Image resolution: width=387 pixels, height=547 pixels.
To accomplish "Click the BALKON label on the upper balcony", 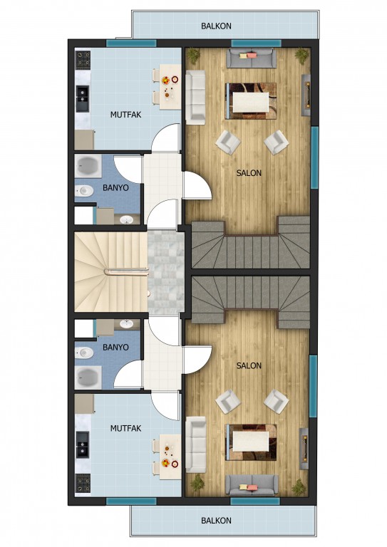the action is [x=216, y=26].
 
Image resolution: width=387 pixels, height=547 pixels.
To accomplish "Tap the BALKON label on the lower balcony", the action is [x=216, y=521].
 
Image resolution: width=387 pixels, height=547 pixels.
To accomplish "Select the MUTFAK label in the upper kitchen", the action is [x=125, y=115].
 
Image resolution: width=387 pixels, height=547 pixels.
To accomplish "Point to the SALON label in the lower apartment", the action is [x=249, y=365].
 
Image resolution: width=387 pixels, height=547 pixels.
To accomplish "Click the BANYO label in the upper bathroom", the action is [x=115, y=188].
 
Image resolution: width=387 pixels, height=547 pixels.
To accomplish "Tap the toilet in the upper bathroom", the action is [x=84, y=190].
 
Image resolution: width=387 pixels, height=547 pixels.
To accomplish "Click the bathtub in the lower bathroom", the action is [x=88, y=377].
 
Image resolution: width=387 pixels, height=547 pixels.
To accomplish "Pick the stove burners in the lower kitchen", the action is [x=83, y=483].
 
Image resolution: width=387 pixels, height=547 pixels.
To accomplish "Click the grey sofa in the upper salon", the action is [x=251, y=58].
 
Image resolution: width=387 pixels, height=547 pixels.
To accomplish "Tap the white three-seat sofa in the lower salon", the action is [x=196, y=444].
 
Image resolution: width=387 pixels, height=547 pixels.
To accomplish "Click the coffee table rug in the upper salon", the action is [x=251, y=101].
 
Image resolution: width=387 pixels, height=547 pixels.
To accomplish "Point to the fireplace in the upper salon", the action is [x=306, y=95].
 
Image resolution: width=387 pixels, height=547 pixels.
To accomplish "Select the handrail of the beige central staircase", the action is [x=126, y=271].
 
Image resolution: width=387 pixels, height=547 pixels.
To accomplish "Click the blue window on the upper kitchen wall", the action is [x=131, y=43].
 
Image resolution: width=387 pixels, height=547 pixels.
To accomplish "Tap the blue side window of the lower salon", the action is [x=313, y=386].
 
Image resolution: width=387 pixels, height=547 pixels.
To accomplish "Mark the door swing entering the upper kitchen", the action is [x=165, y=137].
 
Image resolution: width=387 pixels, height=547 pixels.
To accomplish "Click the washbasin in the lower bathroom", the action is [x=126, y=324].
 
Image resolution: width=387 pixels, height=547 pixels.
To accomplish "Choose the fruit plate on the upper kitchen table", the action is [x=166, y=80].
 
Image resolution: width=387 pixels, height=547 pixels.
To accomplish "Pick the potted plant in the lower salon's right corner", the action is [x=299, y=486].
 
